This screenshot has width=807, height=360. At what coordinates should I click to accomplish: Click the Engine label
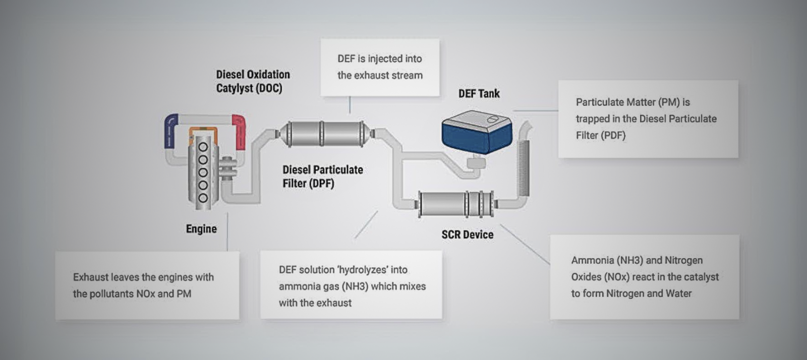tap(201, 229)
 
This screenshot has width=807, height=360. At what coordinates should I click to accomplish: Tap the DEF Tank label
tap(479, 94)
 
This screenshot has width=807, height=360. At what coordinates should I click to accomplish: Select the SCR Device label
tap(467, 234)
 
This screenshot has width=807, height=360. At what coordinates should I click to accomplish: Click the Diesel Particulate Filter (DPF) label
tap(322, 176)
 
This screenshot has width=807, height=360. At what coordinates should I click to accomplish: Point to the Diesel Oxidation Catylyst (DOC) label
tap(253, 81)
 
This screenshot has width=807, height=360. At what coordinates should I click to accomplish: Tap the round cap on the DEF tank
tap(492, 119)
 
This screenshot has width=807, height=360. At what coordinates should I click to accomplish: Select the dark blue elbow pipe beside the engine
tap(170, 130)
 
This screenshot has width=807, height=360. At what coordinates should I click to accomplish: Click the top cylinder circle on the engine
tap(203, 147)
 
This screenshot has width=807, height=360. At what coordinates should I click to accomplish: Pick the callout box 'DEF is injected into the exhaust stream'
tap(380, 67)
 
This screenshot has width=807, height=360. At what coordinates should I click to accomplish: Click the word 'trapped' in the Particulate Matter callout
tap(593, 119)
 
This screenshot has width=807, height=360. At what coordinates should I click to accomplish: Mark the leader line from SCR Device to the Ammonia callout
tap(525, 244)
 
